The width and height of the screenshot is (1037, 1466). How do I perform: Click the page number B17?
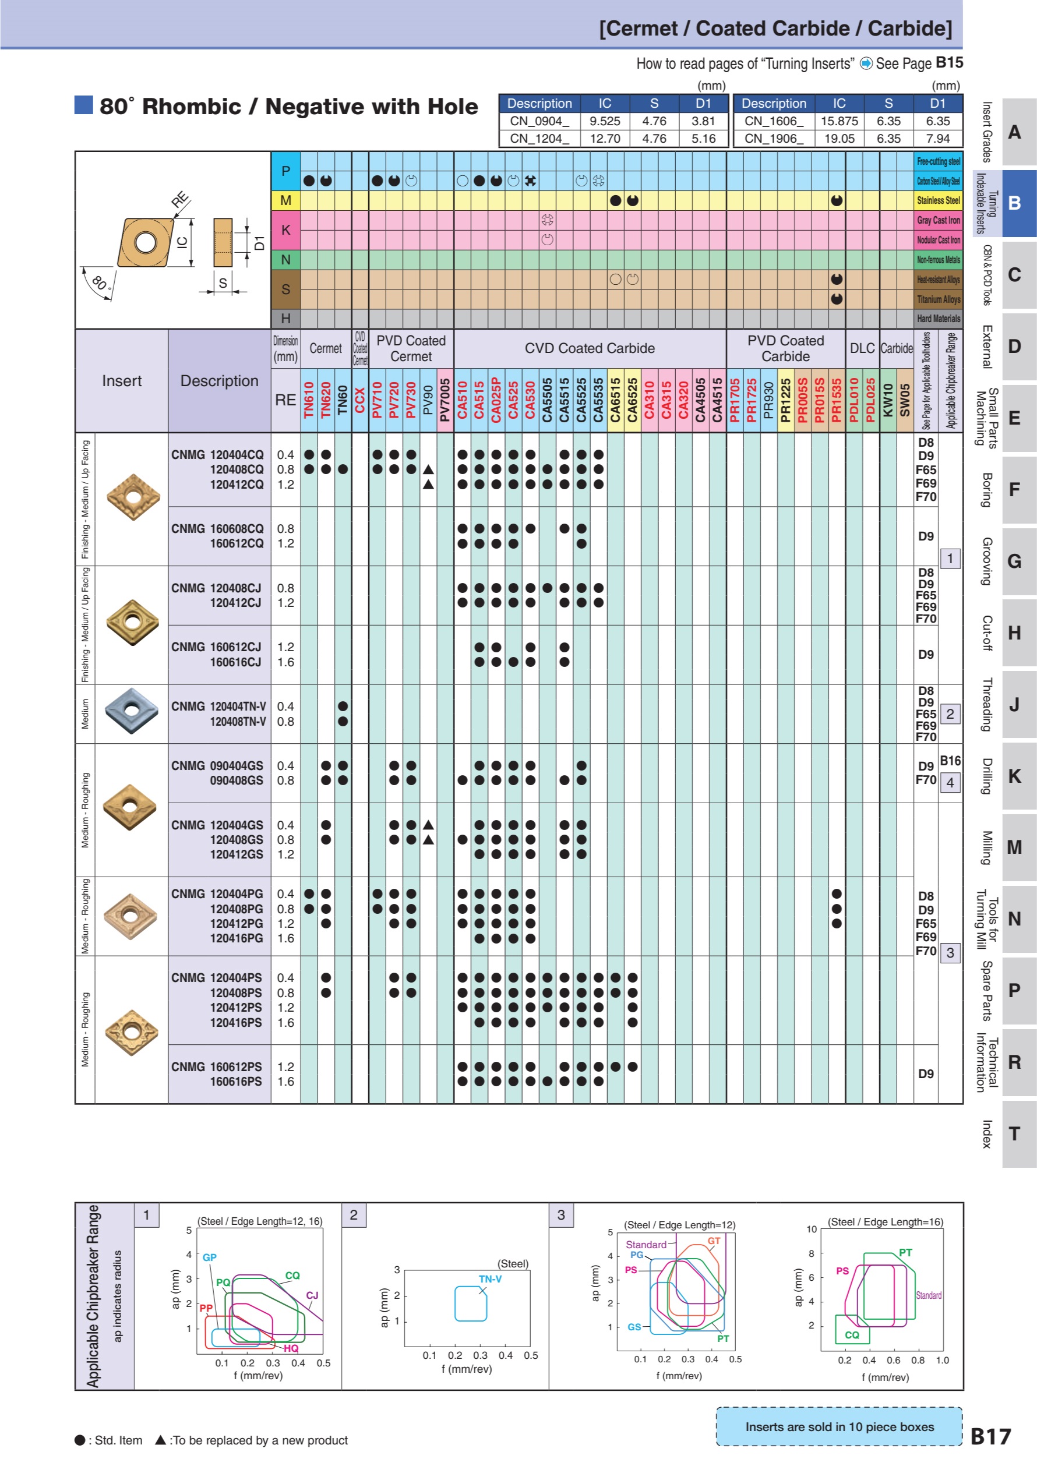990,1437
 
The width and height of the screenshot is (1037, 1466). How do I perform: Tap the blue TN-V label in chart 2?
490,1279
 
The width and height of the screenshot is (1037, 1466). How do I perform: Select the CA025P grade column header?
496,400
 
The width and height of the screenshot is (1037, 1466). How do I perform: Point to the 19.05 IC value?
839,139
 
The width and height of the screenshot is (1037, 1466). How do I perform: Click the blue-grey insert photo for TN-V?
131,711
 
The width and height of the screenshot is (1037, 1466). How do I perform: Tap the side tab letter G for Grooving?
1014,562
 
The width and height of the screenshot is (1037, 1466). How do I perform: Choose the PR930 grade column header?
769,400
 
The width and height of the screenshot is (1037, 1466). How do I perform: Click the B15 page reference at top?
949,62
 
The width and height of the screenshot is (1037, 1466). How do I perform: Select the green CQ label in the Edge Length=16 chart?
852,1335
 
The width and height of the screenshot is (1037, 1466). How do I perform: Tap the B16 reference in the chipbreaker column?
950,761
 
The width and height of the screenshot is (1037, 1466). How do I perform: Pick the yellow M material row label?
285,200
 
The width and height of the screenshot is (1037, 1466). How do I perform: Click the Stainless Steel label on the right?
938,200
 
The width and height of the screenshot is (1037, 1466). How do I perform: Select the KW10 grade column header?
888,400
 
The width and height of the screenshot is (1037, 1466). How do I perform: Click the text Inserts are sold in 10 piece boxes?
839,1427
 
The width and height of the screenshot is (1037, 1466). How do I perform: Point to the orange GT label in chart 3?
713,1241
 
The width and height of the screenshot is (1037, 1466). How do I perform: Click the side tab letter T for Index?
1014,1134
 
